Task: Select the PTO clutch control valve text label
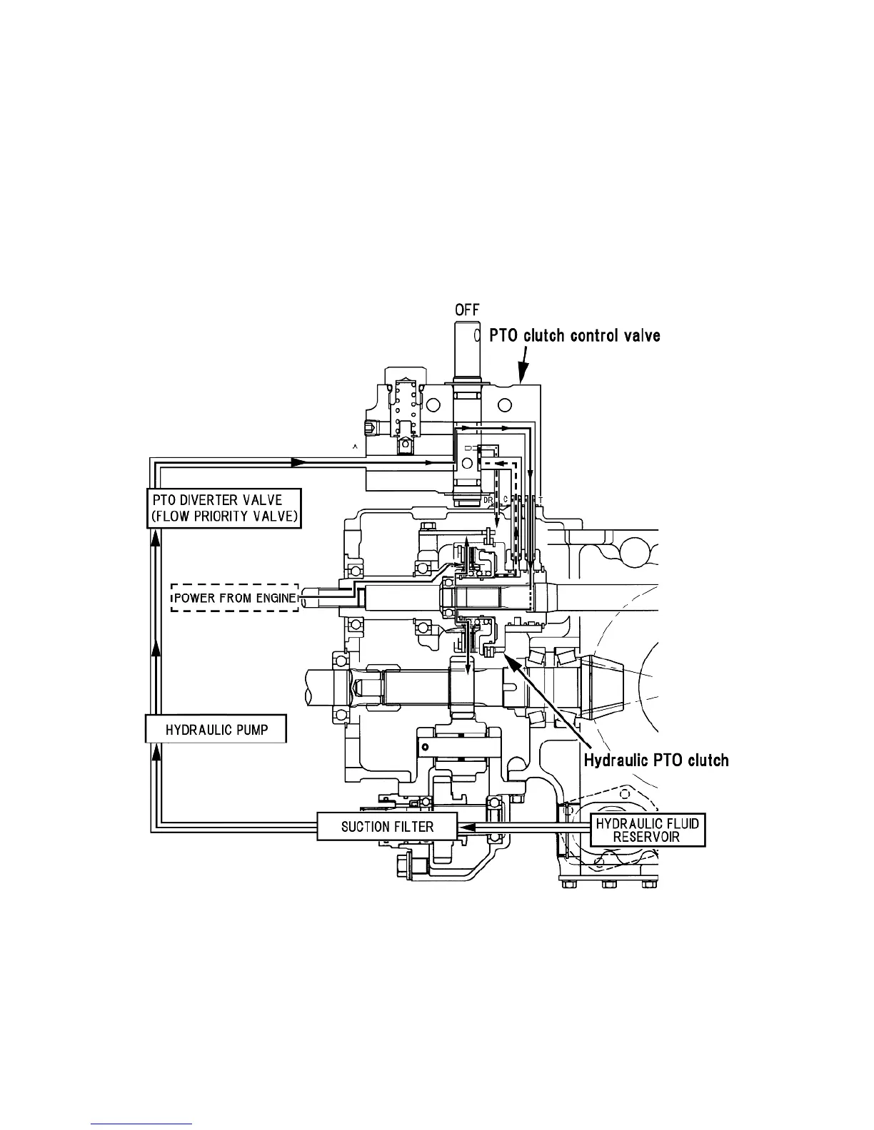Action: [574, 335]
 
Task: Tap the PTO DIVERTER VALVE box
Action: [224, 508]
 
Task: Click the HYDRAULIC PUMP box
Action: [216, 730]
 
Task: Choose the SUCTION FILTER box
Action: [386, 827]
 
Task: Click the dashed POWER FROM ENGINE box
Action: [234, 598]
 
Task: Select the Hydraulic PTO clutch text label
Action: [656, 760]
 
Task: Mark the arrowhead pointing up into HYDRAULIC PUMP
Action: [156, 755]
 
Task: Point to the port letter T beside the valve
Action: [541, 499]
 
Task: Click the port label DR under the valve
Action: [488, 500]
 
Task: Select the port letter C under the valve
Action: [506, 499]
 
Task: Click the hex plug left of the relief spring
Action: [368, 429]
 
